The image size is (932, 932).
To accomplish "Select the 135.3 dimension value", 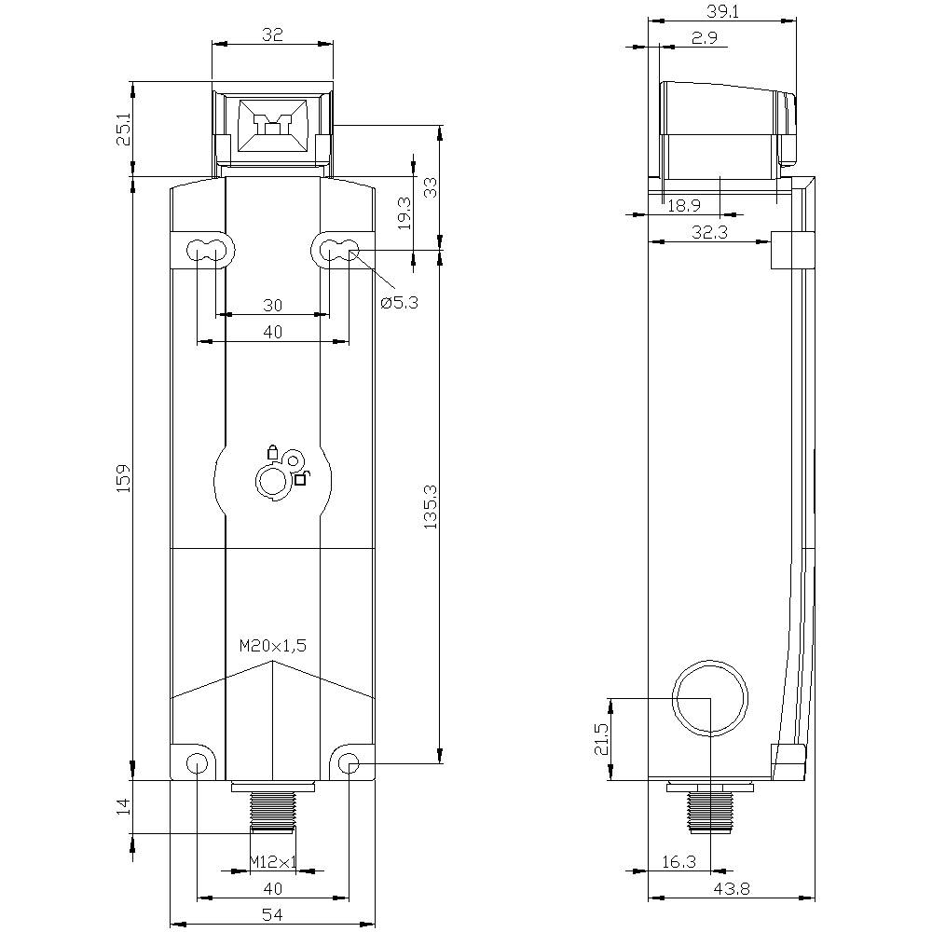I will [x=429, y=508].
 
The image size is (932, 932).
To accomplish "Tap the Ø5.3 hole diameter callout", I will [x=398, y=302].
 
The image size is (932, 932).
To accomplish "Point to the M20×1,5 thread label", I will [x=272, y=645].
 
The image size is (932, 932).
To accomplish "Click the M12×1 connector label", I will [x=272, y=863].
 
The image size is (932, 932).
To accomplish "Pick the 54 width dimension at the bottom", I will [x=272, y=916].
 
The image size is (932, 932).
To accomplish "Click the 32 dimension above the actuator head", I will [x=272, y=35].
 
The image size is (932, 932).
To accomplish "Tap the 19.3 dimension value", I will [x=403, y=212].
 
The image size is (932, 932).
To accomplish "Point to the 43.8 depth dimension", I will [x=731, y=889].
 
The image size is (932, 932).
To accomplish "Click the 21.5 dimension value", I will [x=601, y=739].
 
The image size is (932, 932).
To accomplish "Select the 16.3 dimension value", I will [x=678, y=863].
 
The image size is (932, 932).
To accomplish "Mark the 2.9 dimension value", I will [x=704, y=37].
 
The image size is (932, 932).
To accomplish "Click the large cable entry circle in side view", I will [x=710, y=698].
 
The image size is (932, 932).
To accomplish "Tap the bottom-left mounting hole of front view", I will [x=197, y=765].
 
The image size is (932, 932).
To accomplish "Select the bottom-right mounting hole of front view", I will [x=349, y=765].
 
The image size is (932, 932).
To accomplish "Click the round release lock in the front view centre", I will [x=272, y=481].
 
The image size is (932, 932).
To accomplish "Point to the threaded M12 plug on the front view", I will [x=272, y=811].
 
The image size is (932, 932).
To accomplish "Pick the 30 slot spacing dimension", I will [x=272, y=305].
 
